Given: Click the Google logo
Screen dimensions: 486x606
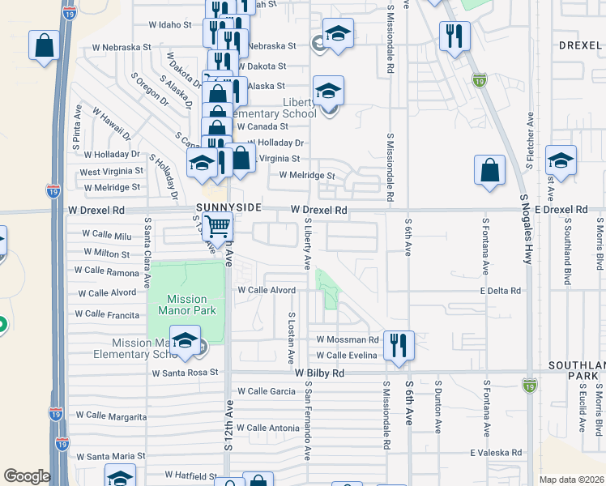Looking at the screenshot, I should click(x=27, y=475).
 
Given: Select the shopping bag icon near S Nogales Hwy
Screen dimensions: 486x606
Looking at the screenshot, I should click(x=489, y=171).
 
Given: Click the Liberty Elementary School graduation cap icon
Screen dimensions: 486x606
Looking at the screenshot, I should click(x=328, y=92).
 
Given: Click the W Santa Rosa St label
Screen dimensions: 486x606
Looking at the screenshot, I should click(x=186, y=373).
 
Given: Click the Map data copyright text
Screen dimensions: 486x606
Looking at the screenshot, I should click(x=571, y=480).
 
